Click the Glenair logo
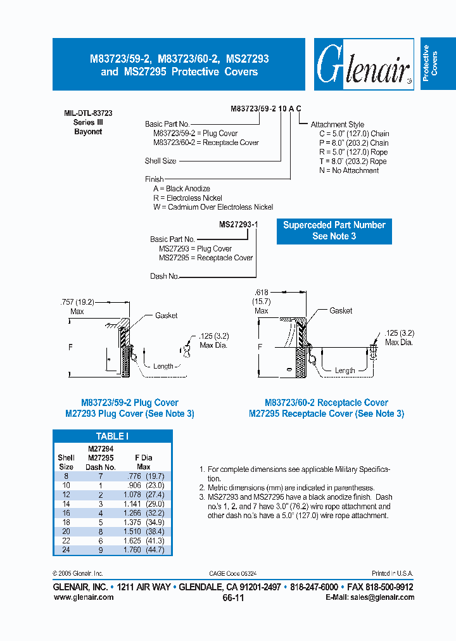(362, 65)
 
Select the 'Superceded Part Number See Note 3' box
(334, 231)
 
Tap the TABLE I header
(112, 436)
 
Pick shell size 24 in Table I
(66, 550)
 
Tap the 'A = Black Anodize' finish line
(181, 189)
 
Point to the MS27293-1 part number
(238, 224)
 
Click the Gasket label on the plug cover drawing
(166, 315)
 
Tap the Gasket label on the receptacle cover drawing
(341, 310)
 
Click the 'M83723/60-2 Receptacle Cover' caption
(326, 402)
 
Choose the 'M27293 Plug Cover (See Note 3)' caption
(129, 414)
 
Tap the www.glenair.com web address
(83, 597)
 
